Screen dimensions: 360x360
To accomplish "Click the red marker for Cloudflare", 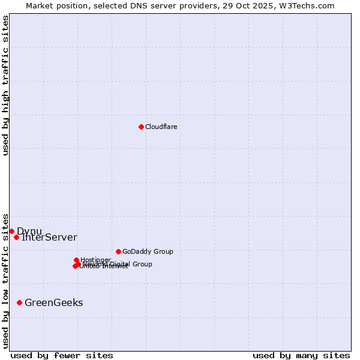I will (x=141, y=127).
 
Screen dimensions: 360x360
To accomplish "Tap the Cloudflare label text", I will (x=161, y=127).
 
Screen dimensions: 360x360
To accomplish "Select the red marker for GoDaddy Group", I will (x=118, y=251).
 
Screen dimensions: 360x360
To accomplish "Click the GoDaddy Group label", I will (x=148, y=251).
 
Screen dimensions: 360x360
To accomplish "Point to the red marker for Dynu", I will (x=11, y=231).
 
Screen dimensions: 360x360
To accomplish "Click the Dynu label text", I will (x=29, y=232).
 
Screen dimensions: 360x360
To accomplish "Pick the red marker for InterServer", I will (x=16, y=237).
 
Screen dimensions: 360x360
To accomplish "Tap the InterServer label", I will (x=49, y=238).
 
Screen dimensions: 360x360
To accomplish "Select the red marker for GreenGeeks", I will (x=19, y=302).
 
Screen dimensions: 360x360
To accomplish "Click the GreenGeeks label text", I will (x=53, y=303).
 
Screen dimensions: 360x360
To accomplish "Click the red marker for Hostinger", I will (x=76, y=260).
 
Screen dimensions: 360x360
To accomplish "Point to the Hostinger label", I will (x=95, y=260).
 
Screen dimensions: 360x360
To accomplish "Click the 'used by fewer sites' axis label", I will (x=62, y=355).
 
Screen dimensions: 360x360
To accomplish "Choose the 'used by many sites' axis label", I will (x=301, y=355).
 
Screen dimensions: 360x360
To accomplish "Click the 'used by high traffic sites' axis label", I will (x=5, y=85).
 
